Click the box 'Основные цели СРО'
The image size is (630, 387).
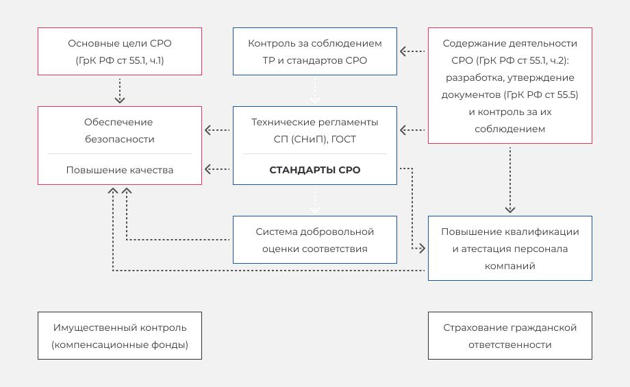coord(120,51)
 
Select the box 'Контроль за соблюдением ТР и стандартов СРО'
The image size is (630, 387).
coord(314,51)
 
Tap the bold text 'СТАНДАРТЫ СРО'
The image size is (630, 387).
coord(314,170)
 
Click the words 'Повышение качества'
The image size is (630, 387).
coord(120,170)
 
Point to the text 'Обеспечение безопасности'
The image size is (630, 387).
coord(120,130)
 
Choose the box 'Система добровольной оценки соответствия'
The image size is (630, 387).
coord(314,240)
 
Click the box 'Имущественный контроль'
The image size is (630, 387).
coord(120,336)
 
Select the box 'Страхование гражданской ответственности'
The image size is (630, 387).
coord(509,336)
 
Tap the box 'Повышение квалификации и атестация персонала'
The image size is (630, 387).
coord(509,248)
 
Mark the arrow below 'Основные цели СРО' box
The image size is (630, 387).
coord(120,90)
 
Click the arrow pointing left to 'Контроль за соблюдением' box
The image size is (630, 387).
coord(412,51)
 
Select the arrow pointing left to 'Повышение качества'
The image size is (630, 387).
coord(217,168)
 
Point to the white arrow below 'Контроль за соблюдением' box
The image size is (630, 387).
coord(314,90)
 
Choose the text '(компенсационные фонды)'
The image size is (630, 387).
coord(120,345)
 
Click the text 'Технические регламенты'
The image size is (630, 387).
coord(314,122)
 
